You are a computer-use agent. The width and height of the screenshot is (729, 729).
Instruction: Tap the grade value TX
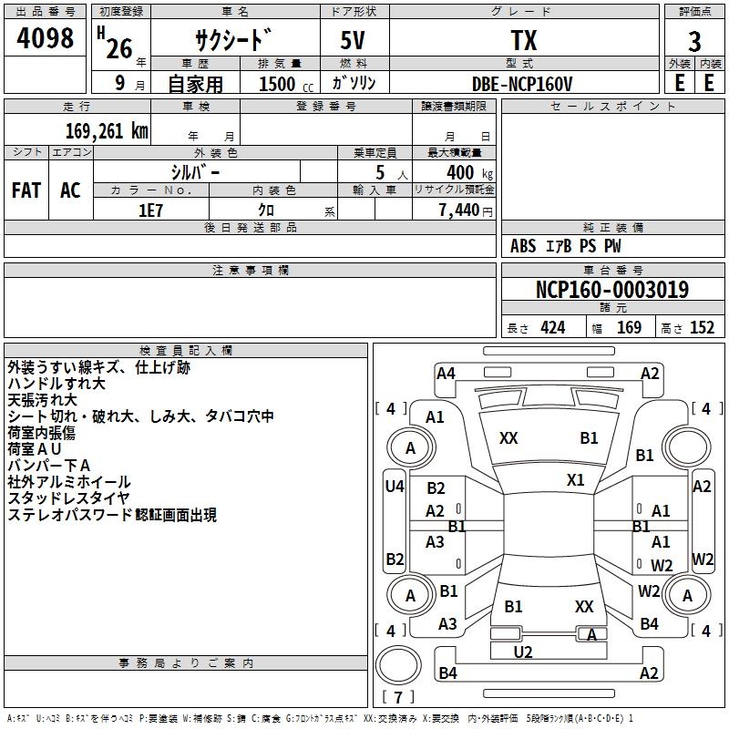click(524, 41)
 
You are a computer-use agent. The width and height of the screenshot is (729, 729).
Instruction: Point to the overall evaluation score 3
click(694, 42)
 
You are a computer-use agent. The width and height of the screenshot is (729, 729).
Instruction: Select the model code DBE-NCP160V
click(523, 83)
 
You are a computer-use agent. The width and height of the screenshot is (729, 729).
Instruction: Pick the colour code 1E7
click(150, 210)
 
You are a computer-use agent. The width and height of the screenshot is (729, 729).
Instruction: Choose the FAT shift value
click(26, 190)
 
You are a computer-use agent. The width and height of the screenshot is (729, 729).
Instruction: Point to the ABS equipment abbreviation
click(523, 246)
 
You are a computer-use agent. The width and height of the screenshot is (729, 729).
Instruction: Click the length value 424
click(552, 328)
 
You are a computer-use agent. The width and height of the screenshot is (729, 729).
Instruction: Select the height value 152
click(702, 328)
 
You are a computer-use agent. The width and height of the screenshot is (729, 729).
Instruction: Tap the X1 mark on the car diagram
click(575, 479)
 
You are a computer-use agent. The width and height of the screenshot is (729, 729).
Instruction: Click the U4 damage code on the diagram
click(394, 487)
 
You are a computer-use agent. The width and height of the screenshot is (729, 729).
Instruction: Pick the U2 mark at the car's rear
click(522, 652)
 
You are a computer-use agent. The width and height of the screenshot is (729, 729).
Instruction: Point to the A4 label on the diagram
click(446, 373)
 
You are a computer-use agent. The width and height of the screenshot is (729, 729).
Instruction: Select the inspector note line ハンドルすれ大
click(56, 384)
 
